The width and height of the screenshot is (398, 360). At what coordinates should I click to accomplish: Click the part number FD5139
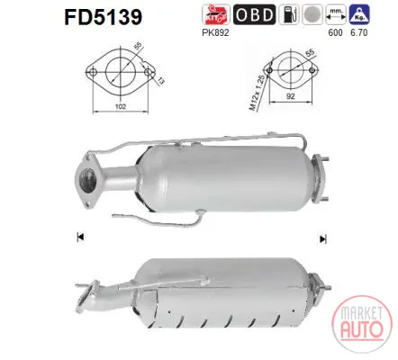coord(103,17)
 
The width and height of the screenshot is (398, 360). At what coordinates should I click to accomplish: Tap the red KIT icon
coord(216,14)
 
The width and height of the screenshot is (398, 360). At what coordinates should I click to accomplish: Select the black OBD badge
coord(254,14)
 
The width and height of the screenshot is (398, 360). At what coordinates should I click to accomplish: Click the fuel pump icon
coord(289,14)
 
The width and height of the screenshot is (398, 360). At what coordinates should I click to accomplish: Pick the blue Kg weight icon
coord(359,14)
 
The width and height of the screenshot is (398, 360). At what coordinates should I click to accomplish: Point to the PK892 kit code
coord(215,32)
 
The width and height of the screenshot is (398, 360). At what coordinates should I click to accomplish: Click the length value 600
coord(335,32)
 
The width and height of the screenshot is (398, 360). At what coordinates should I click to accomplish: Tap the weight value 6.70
coord(359,32)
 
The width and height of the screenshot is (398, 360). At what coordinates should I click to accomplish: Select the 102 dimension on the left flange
coord(121,106)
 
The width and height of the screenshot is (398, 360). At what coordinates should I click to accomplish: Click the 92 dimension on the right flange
coord(291,96)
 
